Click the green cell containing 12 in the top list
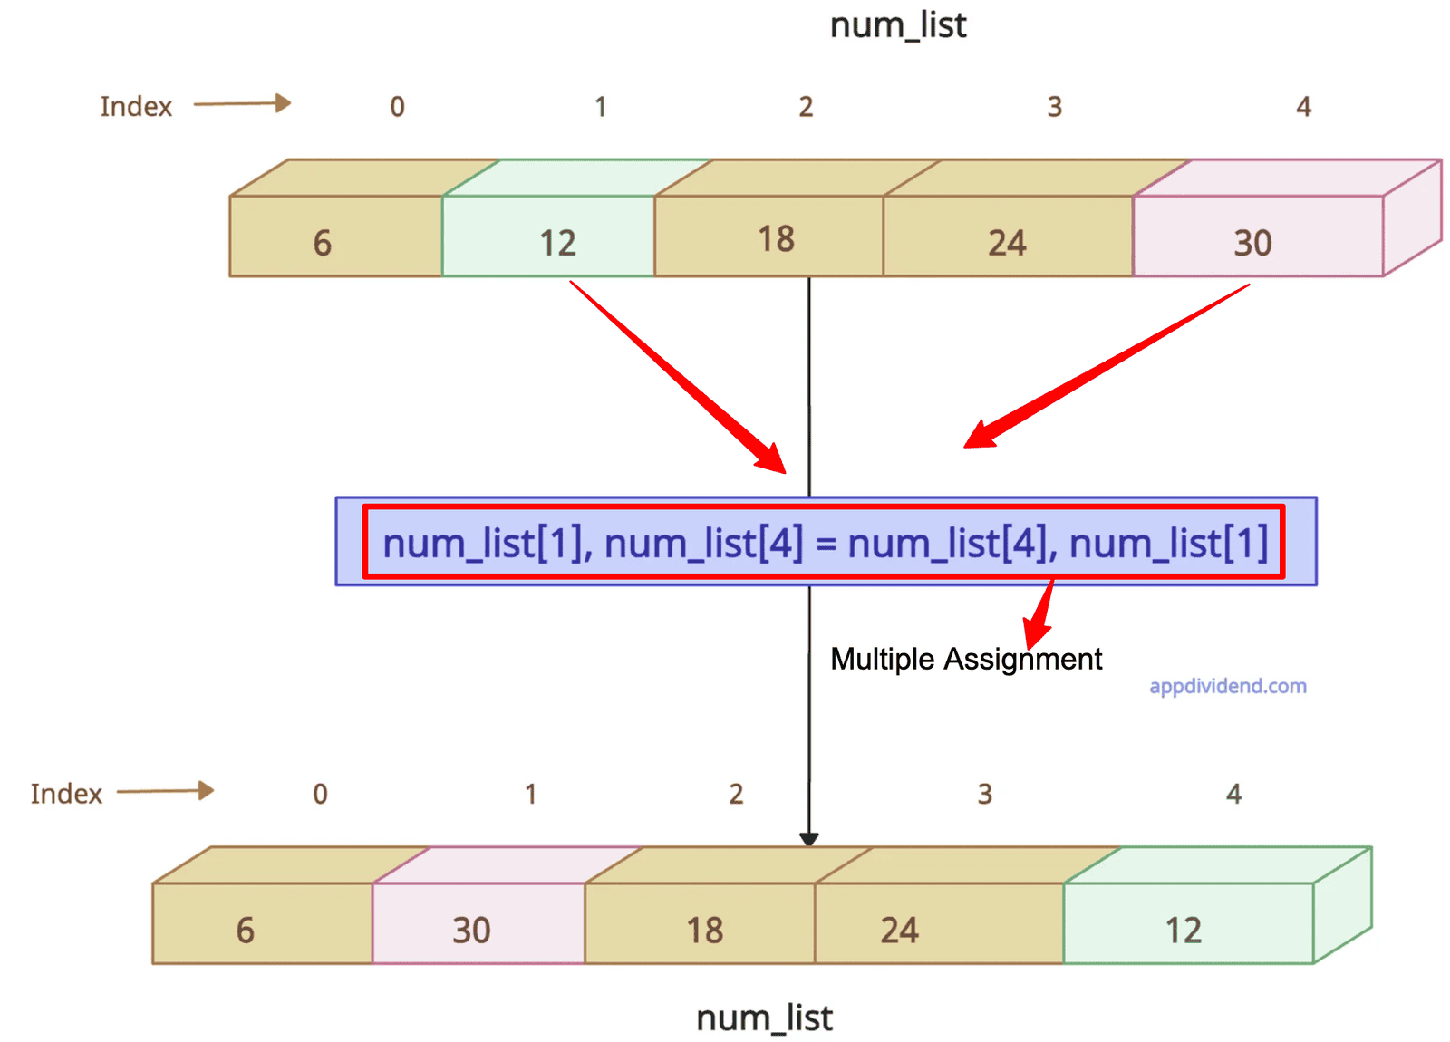coord(549,237)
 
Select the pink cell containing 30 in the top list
coord(1258,237)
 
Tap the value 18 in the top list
coord(777,239)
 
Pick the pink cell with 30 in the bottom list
coord(478,924)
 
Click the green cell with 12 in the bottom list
coord(1187,924)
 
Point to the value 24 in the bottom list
coord(899,931)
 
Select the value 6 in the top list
coord(323,243)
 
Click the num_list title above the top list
coord(898,25)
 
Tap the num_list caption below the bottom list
coord(764,1018)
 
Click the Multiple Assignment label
coord(966,659)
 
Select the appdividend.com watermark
coord(1227,686)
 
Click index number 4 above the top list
coord(1303,107)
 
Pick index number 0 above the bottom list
coord(320,794)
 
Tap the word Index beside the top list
coord(136,107)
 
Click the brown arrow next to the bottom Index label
coord(166,791)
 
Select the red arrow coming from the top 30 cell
coord(1106,366)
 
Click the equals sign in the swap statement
coord(825,544)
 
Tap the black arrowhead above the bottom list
coord(809,839)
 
